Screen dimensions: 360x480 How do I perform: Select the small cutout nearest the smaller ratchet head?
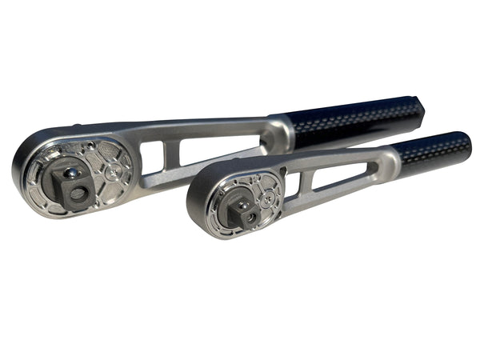[294, 185]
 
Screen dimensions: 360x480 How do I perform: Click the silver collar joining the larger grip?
[280, 134]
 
